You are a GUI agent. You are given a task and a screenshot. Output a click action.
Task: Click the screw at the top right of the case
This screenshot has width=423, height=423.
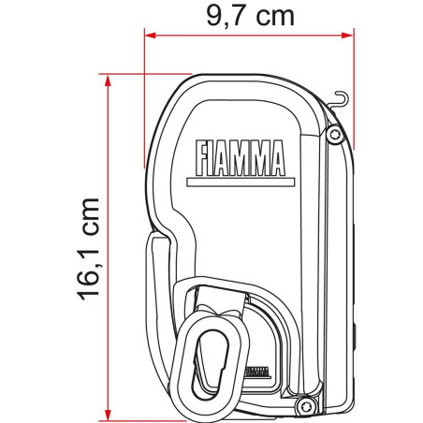pyautogui.click(x=334, y=137)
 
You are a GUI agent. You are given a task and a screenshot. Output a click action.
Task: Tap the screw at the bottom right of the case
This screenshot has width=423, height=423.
pyautogui.click(x=305, y=403)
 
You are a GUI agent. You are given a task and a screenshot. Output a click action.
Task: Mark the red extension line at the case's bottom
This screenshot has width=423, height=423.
pyautogui.click(x=187, y=416)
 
